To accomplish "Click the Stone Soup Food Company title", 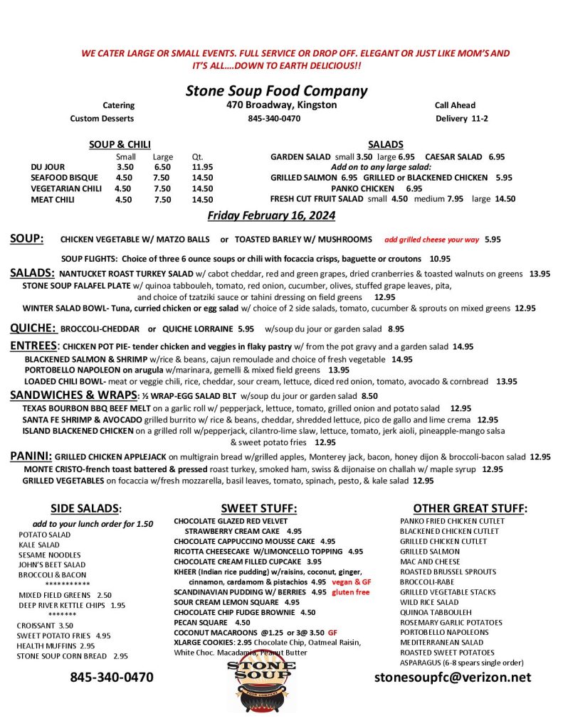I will [x=276, y=91].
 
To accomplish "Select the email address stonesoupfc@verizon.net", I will [x=453, y=677].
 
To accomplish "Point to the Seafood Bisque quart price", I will [x=202, y=178].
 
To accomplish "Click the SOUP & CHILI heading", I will [x=120, y=144].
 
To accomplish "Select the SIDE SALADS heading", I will [x=86, y=508].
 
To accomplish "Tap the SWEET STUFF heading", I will [x=258, y=508].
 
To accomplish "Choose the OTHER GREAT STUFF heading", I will [x=470, y=508].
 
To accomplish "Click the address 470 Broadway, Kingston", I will [x=277, y=105].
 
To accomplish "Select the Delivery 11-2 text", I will [x=462, y=118].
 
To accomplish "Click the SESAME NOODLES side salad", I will [x=50, y=555].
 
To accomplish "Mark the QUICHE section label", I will [x=33, y=328].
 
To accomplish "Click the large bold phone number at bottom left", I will [x=112, y=677].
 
